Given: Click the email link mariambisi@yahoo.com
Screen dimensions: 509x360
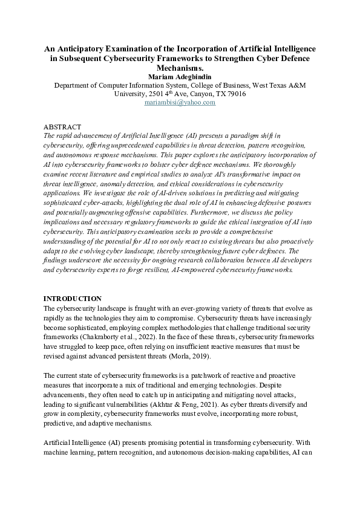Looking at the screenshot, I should click(180, 103).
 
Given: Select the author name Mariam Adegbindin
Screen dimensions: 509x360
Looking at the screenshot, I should click(180, 77).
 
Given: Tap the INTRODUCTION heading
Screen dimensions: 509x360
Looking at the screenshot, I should click(73, 299).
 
